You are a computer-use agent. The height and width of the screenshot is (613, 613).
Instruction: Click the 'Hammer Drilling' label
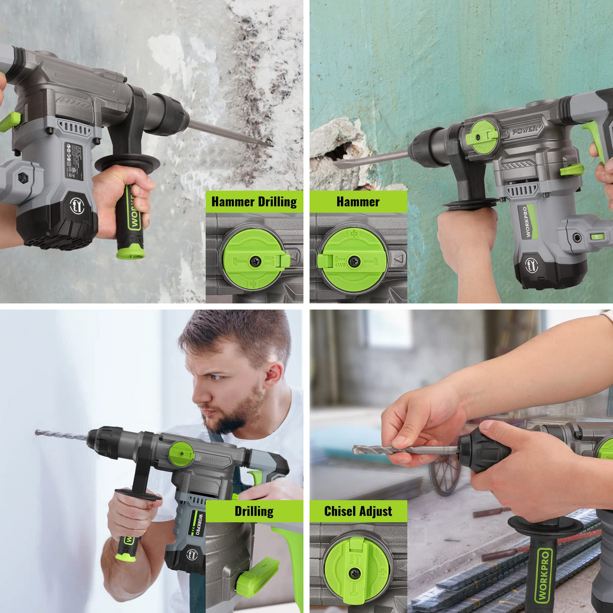pyautogui.click(x=254, y=201)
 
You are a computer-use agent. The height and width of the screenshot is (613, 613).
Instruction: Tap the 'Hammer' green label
pyautogui.click(x=358, y=201)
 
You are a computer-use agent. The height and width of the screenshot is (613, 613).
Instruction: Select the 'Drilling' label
pyautogui.click(x=254, y=511)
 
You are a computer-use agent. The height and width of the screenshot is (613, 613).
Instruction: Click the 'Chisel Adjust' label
pyautogui.click(x=358, y=511)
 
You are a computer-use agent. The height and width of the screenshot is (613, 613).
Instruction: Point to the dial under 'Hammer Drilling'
pyautogui.click(x=252, y=259)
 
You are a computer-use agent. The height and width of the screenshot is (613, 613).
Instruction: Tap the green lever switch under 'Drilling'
pyautogui.click(x=257, y=576)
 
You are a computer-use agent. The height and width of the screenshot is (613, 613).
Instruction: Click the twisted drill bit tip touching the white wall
pyautogui.click(x=38, y=433)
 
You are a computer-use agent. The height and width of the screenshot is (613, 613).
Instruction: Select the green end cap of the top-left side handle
pyautogui.click(x=131, y=251)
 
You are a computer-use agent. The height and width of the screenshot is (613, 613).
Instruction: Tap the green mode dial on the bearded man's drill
pyautogui.click(x=181, y=453)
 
